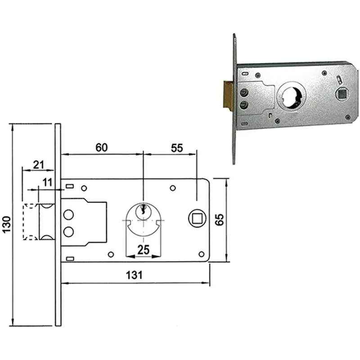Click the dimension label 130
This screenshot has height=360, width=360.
click(x=6, y=224)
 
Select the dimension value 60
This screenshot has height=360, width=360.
click(x=102, y=148)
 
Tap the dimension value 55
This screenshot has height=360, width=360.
click(x=177, y=148)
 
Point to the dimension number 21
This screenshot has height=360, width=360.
click(x=39, y=165)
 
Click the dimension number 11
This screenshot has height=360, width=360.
click(x=48, y=182)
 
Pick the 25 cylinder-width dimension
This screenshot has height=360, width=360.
click(x=143, y=250)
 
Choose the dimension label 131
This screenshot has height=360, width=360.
click(x=134, y=275)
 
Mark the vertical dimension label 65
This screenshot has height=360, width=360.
click(x=220, y=220)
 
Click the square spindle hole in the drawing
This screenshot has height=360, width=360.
click(x=197, y=218)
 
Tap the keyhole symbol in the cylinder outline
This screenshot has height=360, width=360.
click(x=143, y=209)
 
